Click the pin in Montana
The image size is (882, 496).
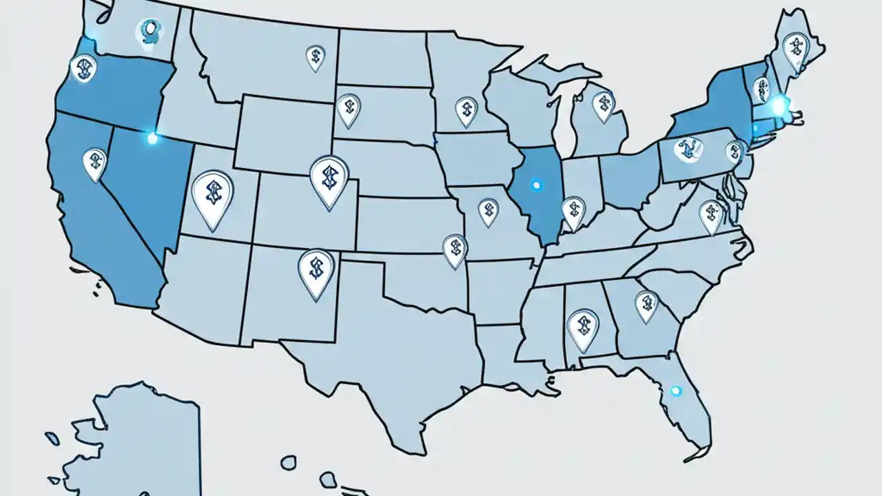(315, 57)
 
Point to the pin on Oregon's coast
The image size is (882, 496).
(83, 68)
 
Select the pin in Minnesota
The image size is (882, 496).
(466, 110)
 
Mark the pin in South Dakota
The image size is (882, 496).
(349, 109)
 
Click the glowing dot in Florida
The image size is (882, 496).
(675, 391)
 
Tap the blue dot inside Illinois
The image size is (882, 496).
(536, 185)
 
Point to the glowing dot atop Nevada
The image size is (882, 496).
(152, 138)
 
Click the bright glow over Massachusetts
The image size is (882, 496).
(780, 105)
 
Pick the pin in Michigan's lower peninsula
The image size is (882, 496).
(603, 105)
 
